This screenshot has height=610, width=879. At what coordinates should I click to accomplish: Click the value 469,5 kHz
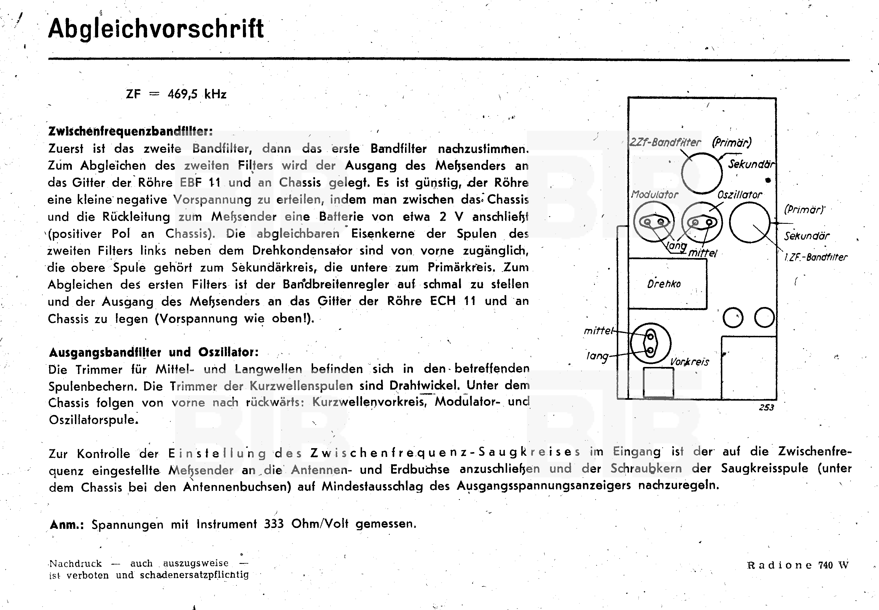point(197,94)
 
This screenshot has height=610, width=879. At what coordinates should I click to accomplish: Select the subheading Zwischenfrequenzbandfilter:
point(130,132)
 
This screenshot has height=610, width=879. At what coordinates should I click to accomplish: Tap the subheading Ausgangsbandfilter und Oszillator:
point(154,352)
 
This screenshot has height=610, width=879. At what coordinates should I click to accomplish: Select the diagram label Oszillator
point(739,195)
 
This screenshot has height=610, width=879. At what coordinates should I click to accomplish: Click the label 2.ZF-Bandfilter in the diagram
point(665,143)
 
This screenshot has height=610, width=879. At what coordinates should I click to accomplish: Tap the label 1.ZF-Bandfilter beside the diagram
point(815,257)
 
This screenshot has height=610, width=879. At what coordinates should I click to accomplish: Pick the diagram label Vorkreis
point(690,362)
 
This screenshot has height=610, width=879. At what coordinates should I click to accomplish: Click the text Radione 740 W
point(798,565)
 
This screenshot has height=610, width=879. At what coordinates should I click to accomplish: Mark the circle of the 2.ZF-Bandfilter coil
point(701,173)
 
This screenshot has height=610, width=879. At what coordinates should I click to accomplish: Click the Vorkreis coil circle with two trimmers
point(650,343)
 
